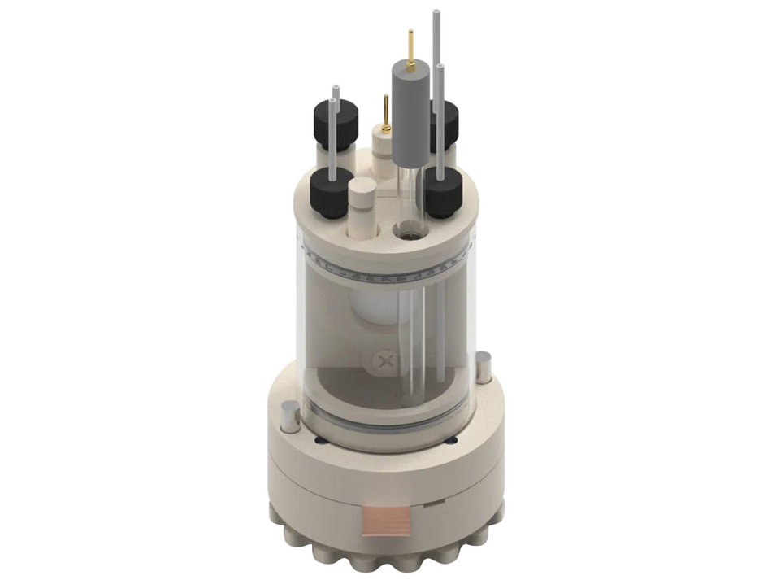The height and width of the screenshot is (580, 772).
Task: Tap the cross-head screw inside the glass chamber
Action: [x=386, y=360]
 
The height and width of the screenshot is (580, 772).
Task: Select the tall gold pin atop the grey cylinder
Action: [x=410, y=46]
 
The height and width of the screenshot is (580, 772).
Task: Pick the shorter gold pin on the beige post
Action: [x=386, y=111]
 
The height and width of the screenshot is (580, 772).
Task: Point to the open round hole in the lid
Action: [x=407, y=232]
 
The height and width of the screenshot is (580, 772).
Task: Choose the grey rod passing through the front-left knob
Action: [x=332, y=138]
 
